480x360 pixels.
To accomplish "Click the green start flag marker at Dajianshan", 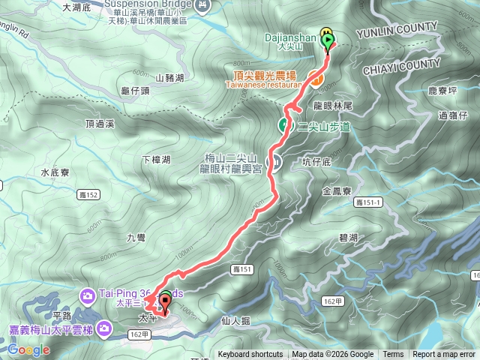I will (328, 40).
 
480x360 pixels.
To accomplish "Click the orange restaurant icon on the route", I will (316, 77).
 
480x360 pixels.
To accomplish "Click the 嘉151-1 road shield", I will (368, 202).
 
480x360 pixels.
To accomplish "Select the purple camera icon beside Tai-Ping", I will (88, 295).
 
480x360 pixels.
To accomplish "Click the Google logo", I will (29, 350).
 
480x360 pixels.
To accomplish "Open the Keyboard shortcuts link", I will (250, 355).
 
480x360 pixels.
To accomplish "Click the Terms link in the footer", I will (393, 355).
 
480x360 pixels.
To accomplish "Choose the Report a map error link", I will (444, 355).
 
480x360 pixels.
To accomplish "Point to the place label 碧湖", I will (348, 237).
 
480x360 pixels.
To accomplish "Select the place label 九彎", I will (136, 238).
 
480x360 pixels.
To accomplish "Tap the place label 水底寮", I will (55, 172).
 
